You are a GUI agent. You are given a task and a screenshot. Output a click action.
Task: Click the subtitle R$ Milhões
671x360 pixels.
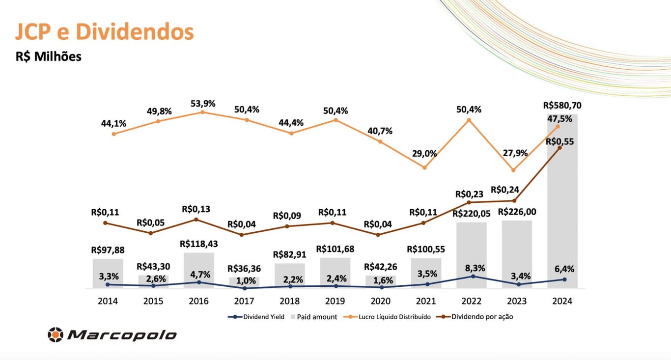[49, 56]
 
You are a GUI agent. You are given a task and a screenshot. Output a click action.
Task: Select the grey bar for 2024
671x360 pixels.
[562, 206]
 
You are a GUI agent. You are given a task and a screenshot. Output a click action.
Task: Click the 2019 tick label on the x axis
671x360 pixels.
[335, 301]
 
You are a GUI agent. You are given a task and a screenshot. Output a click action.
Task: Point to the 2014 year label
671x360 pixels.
[108, 301]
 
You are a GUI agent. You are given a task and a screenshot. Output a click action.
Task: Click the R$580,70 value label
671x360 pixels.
[565, 105]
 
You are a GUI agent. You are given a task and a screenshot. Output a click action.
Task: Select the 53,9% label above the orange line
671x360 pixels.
[203, 104]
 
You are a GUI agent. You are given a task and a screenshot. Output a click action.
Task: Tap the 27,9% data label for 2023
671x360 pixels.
[515, 153]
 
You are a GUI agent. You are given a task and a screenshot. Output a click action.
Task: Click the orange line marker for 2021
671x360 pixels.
[425, 167]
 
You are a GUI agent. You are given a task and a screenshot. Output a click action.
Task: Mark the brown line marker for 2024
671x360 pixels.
[559, 148]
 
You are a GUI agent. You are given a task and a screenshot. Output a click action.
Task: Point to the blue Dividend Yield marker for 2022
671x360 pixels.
[473, 276]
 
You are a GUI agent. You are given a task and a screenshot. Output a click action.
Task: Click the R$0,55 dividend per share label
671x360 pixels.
[559, 141]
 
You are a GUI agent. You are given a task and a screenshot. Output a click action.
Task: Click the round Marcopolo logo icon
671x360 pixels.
[56, 335]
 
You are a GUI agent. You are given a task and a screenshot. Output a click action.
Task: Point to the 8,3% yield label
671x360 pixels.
[475, 268]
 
